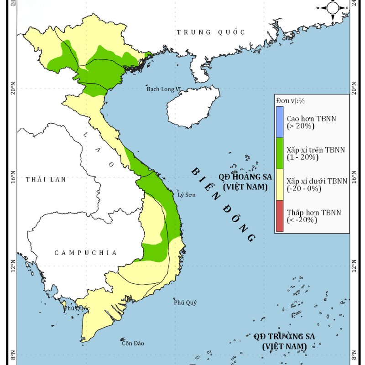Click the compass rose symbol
click(x=333, y=8)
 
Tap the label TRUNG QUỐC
click(x=211, y=32)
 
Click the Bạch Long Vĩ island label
click(x=164, y=89)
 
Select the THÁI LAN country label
click(x=46, y=179)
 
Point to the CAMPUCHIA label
click(x=86, y=252)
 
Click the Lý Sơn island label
click(x=186, y=195)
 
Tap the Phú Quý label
click(x=185, y=302)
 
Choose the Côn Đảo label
click(x=133, y=343)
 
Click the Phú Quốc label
click(x=77, y=308)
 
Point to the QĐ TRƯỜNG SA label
click(x=284, y=341)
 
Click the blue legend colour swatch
click(x=279, y=122)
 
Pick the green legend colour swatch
click(x=279, y=153)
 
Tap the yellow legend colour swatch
click(x=279, y=184)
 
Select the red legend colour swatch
click(x=279, y=216)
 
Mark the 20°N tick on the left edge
click(x=12, y=90)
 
